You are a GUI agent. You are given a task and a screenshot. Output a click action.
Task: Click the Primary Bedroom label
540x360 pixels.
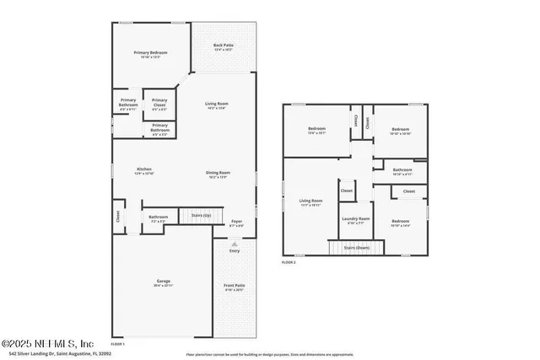click(151, 53)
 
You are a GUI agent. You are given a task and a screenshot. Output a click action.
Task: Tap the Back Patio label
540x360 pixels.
click(223, 45)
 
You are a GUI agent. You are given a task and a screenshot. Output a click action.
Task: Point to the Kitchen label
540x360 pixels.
click(145, 169)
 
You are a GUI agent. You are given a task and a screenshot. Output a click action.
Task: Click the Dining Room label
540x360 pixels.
click(218, 174)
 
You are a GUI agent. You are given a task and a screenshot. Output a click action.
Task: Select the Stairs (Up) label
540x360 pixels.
click(202, 216)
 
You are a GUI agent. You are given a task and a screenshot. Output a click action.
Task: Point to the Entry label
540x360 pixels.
click(234, 250)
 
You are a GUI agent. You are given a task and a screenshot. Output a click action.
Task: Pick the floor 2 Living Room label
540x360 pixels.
click(310, 201)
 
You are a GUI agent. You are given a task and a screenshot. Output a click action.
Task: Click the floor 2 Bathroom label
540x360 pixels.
click(402, 170)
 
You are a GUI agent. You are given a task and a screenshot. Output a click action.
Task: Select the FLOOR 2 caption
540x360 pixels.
click(289, 263)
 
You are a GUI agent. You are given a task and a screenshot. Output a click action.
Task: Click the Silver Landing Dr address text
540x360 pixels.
click(67, 354)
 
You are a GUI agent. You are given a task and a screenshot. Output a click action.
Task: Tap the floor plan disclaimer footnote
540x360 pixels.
click(270, 354)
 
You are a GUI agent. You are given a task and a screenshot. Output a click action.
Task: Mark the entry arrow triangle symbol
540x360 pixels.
click(234, 244)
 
